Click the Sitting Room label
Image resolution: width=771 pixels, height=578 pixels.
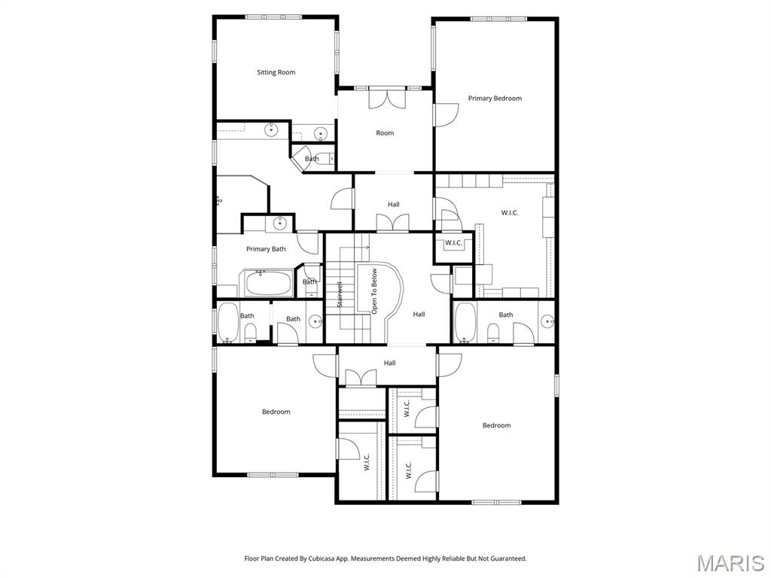click(276, 72)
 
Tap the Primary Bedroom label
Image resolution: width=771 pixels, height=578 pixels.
click(495, 98)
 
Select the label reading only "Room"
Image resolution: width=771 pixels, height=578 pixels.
click(385, 132)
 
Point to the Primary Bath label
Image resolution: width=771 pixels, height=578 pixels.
click(266, 248)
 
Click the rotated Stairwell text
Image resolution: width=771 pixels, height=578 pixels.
click(340, 294)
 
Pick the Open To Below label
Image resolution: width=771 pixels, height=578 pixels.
click(374, 291)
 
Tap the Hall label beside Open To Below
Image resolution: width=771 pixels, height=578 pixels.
click(419, 314)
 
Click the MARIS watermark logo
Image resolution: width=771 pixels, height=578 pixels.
click(730, 562)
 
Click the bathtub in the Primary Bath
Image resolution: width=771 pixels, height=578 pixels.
click(267, 284)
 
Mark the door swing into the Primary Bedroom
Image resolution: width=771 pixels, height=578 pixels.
click(446, 114)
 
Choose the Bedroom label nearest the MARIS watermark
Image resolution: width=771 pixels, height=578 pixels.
click(496, 425)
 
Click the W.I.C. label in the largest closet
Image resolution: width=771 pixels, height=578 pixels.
click(510, 212)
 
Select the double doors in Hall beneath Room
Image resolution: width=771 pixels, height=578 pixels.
click(393, 223)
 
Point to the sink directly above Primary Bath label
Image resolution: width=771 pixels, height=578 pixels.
click(280, 222)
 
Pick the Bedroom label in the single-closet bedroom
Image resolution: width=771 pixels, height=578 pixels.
click(276, 412)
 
